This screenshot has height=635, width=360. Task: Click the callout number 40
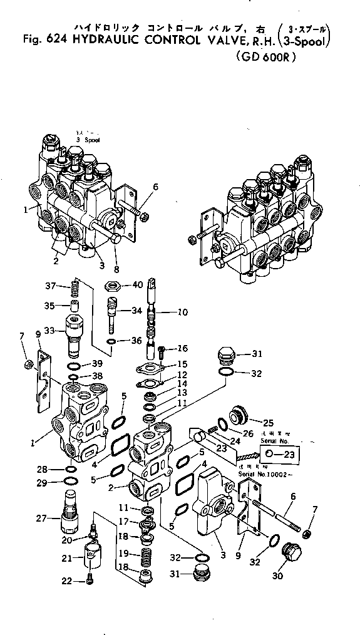click(x=137, y=285)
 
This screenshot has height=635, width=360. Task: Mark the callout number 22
click(x=68, y=582)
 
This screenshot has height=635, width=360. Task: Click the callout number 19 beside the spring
click(x=124, y=554)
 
